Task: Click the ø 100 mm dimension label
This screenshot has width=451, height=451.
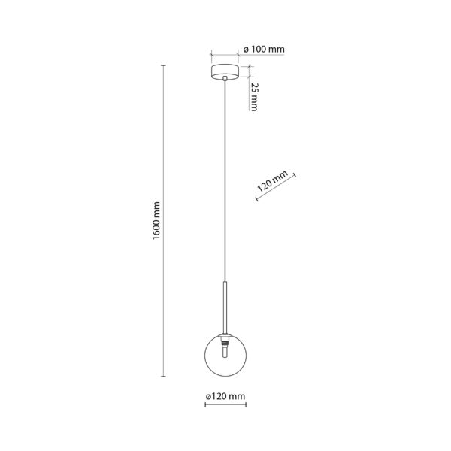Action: coord(264,49)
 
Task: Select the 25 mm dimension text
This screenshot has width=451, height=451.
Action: coord(254,97)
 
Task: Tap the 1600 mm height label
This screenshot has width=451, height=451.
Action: coord(156,221)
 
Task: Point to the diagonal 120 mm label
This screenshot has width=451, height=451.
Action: coord(272,181)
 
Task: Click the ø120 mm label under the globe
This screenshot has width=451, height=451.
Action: coord(225,396)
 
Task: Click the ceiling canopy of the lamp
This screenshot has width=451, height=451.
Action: coord(225,72)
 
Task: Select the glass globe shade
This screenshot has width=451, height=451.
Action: coord(225,356)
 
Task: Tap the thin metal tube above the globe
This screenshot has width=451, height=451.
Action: coord(225,307)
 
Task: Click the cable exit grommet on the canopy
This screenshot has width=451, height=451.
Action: coord(225,78)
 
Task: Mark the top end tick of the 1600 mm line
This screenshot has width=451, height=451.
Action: coord(163,65)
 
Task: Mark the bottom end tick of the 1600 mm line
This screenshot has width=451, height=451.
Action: coord(163,377)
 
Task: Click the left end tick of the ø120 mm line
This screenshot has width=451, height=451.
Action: coord(205,404)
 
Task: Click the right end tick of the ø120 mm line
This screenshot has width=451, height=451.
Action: coord(246,404)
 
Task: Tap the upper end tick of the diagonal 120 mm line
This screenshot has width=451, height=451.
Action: coord(295,175)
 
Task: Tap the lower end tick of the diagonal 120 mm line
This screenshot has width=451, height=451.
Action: coord(256,198)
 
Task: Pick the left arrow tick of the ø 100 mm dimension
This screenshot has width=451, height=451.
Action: coord(212,54)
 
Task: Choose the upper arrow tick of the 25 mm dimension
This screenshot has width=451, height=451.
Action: coord(249,67)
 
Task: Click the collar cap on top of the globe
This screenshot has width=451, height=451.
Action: coord(225,334)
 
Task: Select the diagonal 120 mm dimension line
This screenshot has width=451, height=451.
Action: coord(276,187)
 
